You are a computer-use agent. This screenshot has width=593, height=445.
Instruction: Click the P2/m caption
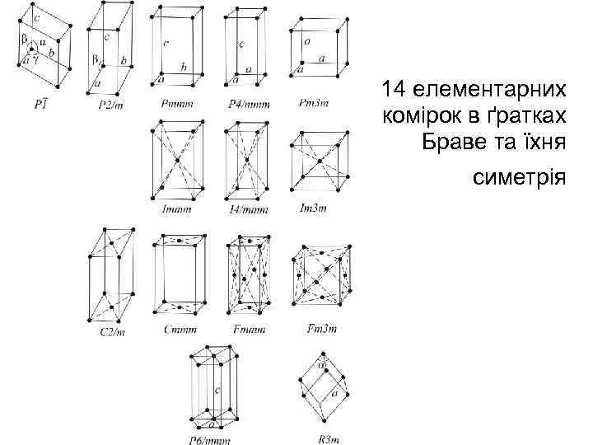(110, 105)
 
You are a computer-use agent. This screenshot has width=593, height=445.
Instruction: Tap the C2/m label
(111, 332)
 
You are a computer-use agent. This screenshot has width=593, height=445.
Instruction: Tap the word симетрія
(519, 176)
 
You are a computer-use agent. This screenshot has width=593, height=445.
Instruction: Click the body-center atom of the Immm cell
(175, 161)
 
